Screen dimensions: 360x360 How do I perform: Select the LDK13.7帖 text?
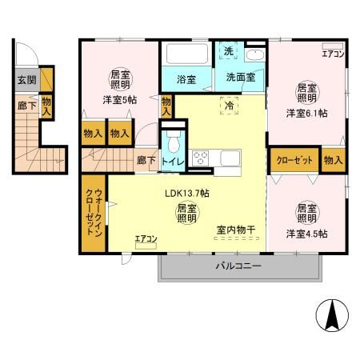187,194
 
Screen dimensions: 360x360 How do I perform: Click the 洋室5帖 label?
118,100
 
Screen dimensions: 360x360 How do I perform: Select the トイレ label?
174,161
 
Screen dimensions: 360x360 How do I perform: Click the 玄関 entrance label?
26,79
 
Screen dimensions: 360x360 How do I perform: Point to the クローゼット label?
294,160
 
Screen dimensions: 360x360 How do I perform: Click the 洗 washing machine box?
228,52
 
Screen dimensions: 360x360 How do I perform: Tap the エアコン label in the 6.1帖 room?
333,54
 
